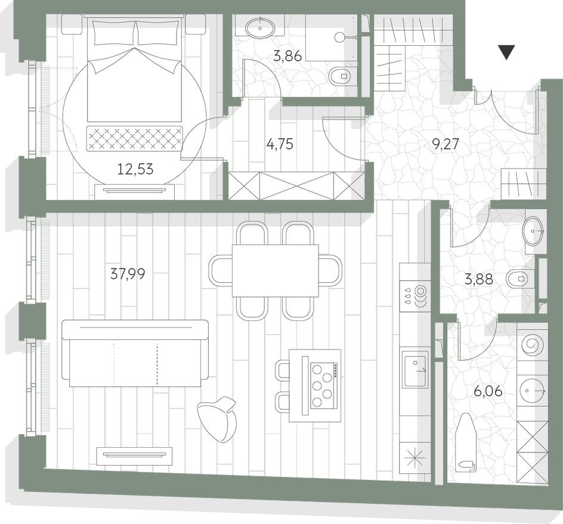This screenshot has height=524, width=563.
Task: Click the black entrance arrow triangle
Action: click(506, 52)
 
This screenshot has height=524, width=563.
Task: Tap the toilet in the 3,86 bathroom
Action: click(341, 76)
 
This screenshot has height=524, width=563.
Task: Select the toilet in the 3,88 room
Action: click(518, 277)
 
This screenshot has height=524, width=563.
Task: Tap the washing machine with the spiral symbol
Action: click(531, 344)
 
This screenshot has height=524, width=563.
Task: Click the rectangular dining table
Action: click(275, 270)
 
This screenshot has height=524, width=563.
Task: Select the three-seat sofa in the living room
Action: click(135, 353)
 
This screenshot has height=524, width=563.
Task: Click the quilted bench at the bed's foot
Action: click(135, 138)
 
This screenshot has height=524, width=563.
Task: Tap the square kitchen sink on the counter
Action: click(415, 369)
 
